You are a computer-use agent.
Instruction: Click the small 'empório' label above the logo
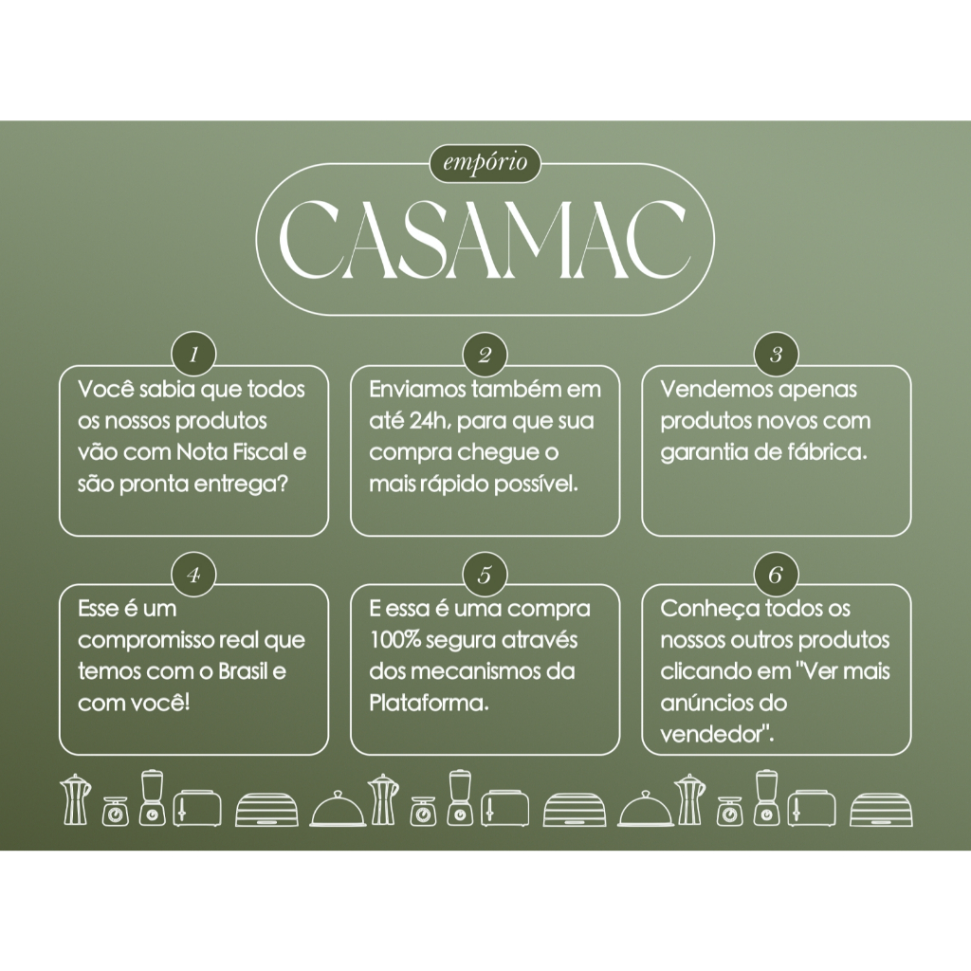(x=485, y=163)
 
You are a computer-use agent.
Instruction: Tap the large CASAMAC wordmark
(x=484, y=240)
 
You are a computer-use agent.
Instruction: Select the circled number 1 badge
(x=193, y=355)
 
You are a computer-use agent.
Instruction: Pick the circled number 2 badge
(x=485, y=355)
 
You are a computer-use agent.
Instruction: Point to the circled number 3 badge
(x=776, y=355)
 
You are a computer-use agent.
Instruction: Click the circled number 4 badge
(x=193, y=576)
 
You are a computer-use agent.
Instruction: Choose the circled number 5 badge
(x=485, y=576)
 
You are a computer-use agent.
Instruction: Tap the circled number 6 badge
(x=776, y=576)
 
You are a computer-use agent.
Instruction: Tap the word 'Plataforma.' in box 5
(x=430, y=703)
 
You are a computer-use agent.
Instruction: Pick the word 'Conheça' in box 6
(x=703, y=610)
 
